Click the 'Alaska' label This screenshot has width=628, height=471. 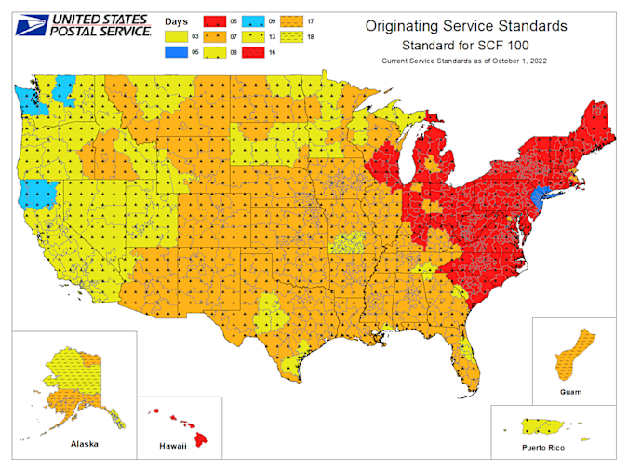point(85,444)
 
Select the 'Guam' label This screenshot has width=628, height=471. point(570,391)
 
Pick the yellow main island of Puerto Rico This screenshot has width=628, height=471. point(546,425)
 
